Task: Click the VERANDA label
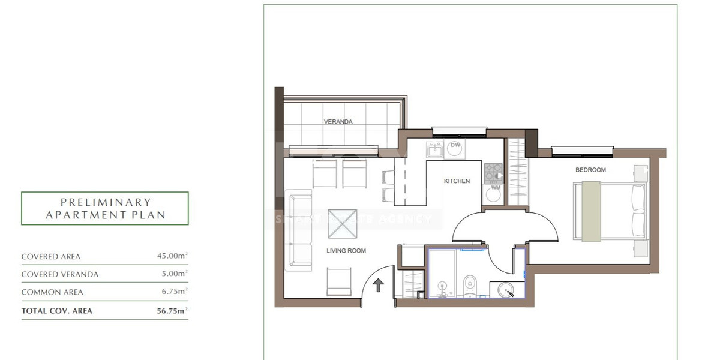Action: (x=338, y=122)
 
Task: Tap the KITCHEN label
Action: (x=457, y=181)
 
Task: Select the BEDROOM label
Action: (x=590, y=170)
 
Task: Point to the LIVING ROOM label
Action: (x=346, y=251)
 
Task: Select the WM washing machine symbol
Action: (x=496, y=192)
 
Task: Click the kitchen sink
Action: (x=434, y=149)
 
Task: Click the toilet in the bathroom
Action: (x=470, y=284)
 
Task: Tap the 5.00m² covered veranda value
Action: (x=174, y=274)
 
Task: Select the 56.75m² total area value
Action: (x=171, y=311)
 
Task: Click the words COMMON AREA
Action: (x=52, y=293)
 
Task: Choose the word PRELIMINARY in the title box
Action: (x=106, y=203)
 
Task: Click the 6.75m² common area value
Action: (x=174, y=292)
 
